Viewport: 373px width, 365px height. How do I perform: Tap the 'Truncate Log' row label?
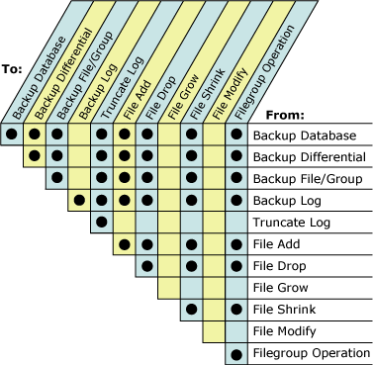[x=290, y=223]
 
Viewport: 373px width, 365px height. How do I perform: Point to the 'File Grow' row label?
[x=282, y=288]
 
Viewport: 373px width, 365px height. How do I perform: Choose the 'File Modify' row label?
[x=286, y=331]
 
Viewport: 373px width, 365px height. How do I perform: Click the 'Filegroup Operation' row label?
[x=310, y=353]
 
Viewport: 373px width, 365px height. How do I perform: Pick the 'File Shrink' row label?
[x=285, y=310]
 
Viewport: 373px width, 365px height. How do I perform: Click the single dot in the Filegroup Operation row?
[x=235, y=354]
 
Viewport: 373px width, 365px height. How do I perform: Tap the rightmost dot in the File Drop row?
[x=235, y=266]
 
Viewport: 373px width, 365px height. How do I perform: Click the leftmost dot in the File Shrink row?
[x=191, y=310]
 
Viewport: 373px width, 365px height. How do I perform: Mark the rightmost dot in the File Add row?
[x=235, y=244]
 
